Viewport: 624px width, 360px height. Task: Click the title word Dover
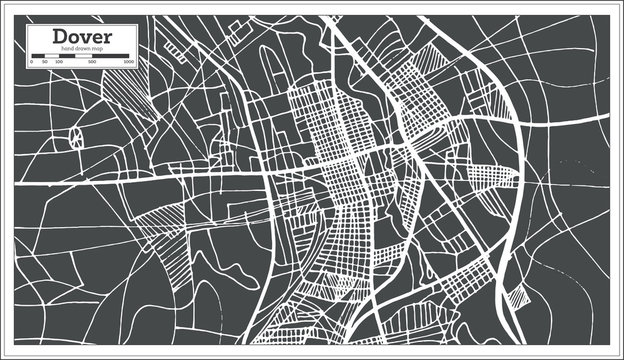tap(83, 36)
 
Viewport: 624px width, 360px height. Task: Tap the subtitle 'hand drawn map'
tap(83, 48)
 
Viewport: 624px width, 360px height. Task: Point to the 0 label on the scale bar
tap(32, 62)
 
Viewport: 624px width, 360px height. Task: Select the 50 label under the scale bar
tap(44, 62)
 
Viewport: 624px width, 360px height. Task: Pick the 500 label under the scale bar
tap(92, 62)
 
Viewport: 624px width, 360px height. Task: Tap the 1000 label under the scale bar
tap(129, 62)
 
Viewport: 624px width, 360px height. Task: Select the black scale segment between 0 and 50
tap(38, 56)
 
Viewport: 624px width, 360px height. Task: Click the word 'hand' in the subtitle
tap(67, 48)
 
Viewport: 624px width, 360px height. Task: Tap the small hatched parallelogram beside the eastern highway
tap(517, 297)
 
